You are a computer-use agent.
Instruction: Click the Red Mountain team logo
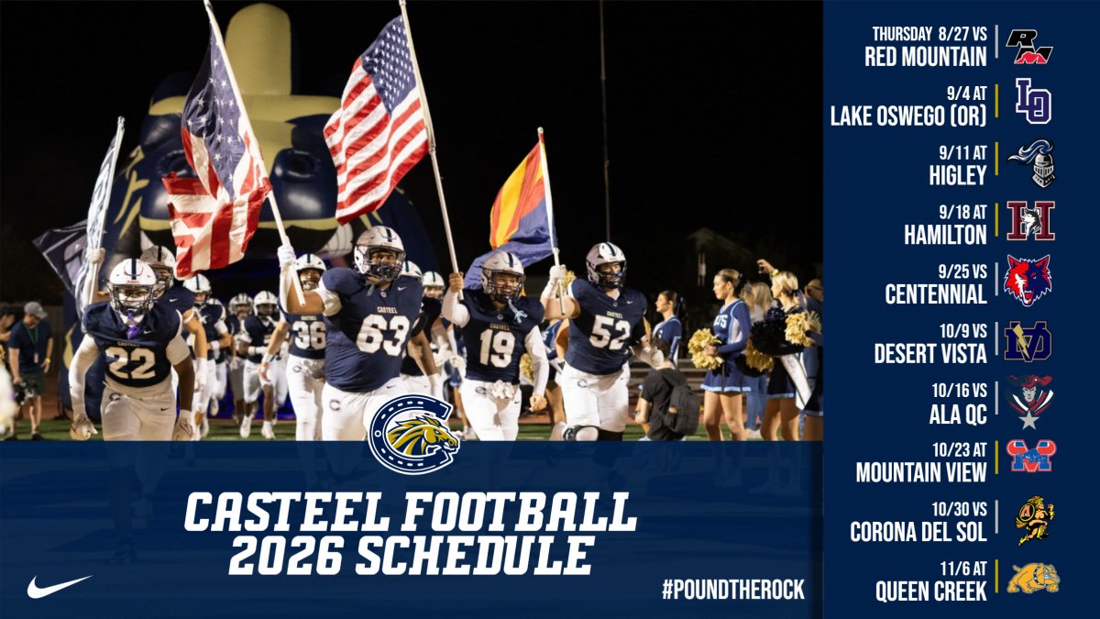[1029, 46]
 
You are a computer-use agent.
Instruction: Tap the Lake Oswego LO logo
[1032, 101]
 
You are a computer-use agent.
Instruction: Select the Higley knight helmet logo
[1033, 163]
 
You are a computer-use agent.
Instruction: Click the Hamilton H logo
[1030, 221]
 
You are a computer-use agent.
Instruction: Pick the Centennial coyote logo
[1028, 280]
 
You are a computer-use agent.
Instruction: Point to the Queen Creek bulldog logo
[1033, 578]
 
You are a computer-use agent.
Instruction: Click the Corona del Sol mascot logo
[1033, 520]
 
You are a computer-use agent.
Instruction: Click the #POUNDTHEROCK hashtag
[732, 590]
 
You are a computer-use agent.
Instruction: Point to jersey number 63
[382, 335]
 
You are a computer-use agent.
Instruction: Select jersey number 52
[609, 332]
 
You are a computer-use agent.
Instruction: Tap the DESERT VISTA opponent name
[927, 353]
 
